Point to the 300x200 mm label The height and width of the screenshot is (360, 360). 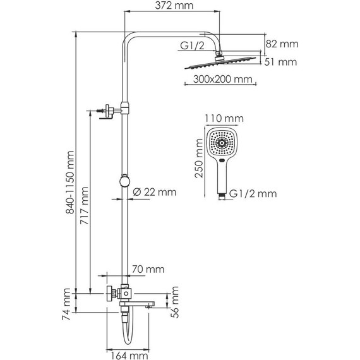coord(217,80)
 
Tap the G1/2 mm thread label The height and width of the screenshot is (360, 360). coord(253,193)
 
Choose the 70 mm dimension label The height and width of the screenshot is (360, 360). coord(147,270)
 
